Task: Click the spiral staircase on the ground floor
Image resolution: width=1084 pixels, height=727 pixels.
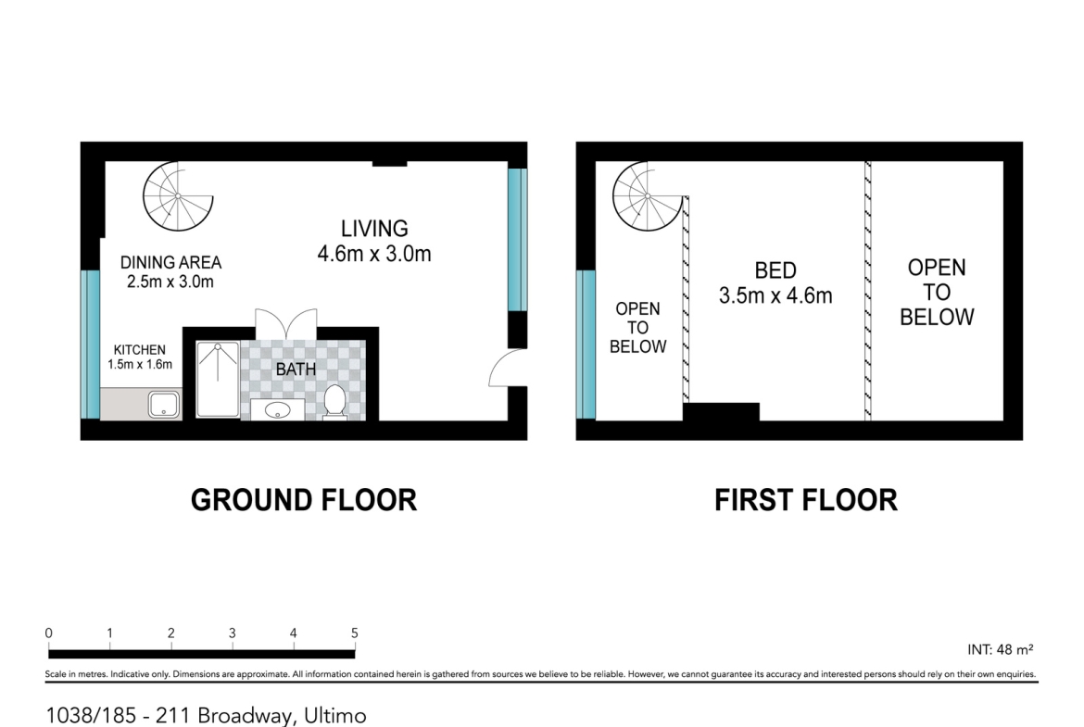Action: coord(178,196)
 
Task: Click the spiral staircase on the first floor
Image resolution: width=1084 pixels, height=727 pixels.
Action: coord(648,196)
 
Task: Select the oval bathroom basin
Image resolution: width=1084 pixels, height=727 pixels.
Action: coord(278,409)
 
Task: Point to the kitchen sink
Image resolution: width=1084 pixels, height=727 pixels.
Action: coord(164,405)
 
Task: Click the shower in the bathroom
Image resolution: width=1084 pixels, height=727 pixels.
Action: coord(218,380)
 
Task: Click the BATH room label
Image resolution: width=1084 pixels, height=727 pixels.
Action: coord(296,370)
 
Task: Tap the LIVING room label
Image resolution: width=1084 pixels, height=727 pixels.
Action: coord(374,229)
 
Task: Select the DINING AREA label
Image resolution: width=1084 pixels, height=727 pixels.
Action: coord(170,263)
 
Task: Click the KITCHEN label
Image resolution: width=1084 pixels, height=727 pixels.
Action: coord(140,350)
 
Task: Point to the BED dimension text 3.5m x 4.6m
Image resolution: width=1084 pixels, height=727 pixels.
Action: coord(775,295)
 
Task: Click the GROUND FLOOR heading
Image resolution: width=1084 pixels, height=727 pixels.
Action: coord(304,500)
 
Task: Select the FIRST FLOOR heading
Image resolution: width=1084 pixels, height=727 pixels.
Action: coord(806,500)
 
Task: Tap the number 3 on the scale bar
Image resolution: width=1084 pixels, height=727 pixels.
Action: coord(233,633)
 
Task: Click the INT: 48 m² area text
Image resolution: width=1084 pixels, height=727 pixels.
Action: coord(1001,649)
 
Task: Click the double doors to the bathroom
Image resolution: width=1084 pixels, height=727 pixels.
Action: coord(286,324)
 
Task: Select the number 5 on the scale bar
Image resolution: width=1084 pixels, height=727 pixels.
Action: coord(355,633)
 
